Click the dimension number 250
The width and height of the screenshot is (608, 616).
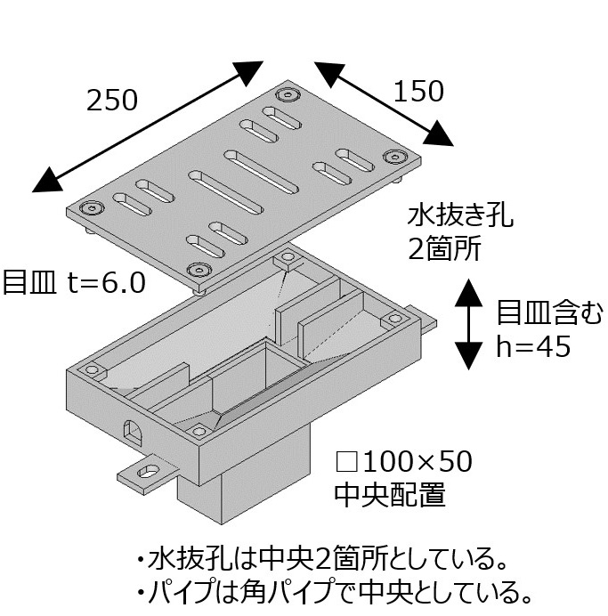[111, 101]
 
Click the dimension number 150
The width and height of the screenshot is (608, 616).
[417, 91]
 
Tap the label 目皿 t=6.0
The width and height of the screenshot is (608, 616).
[73, 282]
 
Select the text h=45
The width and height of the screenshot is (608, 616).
[532, 348]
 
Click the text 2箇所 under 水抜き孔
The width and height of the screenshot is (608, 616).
[444, 249]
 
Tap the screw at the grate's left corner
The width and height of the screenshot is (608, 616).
[90, 208]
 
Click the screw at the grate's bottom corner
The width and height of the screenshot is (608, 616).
[198, 270]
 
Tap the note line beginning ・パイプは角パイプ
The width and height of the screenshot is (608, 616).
[328, 591]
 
